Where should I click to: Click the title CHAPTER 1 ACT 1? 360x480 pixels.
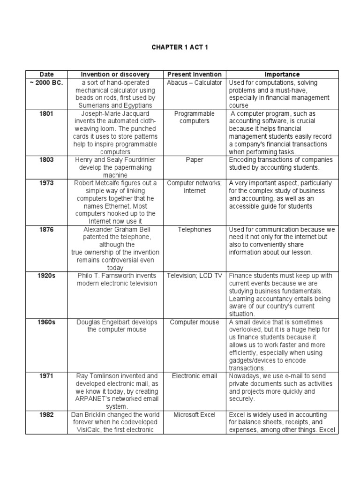[180, 47]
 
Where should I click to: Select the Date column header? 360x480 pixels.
[46, 75]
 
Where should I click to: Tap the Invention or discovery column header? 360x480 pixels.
[115, 75]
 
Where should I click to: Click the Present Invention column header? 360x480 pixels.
[195, 75]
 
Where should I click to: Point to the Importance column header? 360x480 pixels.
[282, 75]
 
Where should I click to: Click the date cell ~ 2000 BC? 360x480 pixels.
[46, 82]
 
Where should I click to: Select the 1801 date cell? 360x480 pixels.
[46, 113]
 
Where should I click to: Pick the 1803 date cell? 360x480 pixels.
[46, 160]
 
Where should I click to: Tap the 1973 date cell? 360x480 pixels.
[46, 183]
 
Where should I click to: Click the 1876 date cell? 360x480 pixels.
[46, 229]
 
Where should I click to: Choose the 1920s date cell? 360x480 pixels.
[46, 276]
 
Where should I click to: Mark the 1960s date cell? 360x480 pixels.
[46, 322]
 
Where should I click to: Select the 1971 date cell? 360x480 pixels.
[46, 376]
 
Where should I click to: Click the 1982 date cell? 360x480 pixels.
[46, 415]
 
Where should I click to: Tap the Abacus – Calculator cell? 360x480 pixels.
[195, 82]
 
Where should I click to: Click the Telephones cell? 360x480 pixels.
[195, 229]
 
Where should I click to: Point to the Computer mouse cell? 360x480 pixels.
[195, 322]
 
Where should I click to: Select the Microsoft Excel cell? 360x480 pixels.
[195, 415]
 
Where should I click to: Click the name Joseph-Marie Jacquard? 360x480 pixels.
[115, 113]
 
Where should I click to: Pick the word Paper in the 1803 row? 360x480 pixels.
[195, 160]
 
